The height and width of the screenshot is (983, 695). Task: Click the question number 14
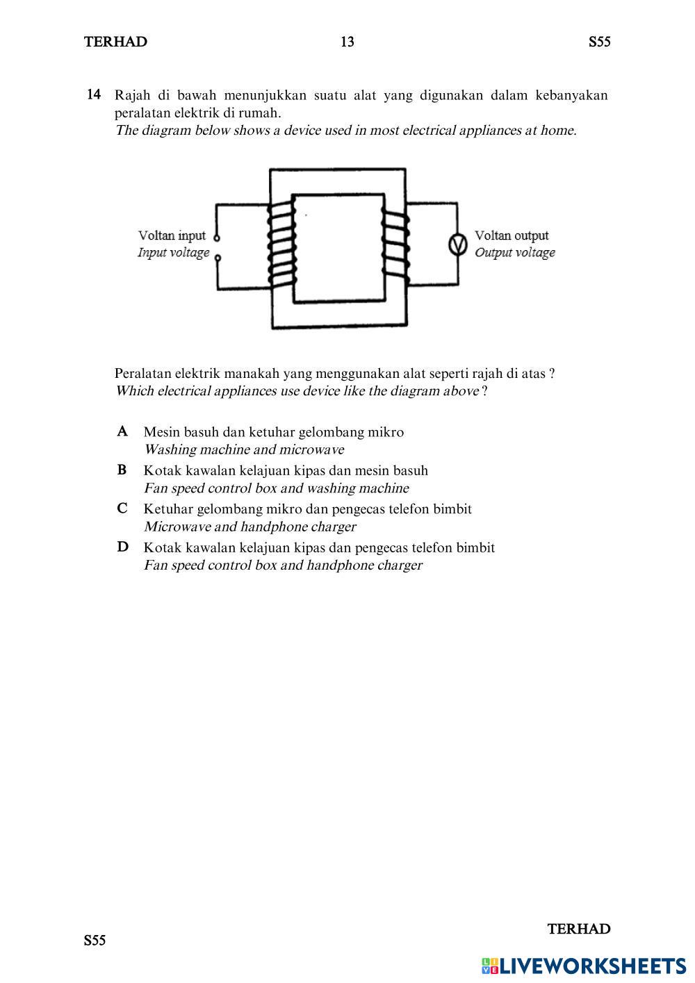click(x=95, y=94)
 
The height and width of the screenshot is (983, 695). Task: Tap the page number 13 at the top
click(x=347, y=42)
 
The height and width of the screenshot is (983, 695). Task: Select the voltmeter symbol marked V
click(x=457, y=245)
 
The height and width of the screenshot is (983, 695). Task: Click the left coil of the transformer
click(x=281, y=247)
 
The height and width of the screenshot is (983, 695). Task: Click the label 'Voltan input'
click(x=172, y=236)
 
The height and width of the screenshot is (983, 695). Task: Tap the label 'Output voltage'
click(x=515, y=252)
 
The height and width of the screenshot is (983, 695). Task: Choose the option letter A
click(x=122, y=431)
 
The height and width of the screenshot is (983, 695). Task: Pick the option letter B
click(x=122, y=470)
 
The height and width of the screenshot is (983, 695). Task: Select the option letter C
click(x=122, y=509)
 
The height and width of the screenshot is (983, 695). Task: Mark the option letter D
click(x=122, y=547)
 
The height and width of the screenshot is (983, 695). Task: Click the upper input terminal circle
click(x=217, y=237)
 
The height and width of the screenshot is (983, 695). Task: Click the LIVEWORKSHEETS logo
click(x=584, y=965)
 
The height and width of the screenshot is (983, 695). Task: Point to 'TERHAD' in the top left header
click(x=115, y=42)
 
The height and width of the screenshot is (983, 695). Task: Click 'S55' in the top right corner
click(x=599, y=42)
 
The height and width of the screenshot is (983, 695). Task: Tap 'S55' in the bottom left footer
click(x=95, y=941)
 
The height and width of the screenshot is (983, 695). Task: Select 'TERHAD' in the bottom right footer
click(x=579, y=929)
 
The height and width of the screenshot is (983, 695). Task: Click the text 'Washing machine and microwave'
click(x=243, y=449)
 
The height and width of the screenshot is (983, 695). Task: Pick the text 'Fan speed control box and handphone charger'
click(x=283, y=565)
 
